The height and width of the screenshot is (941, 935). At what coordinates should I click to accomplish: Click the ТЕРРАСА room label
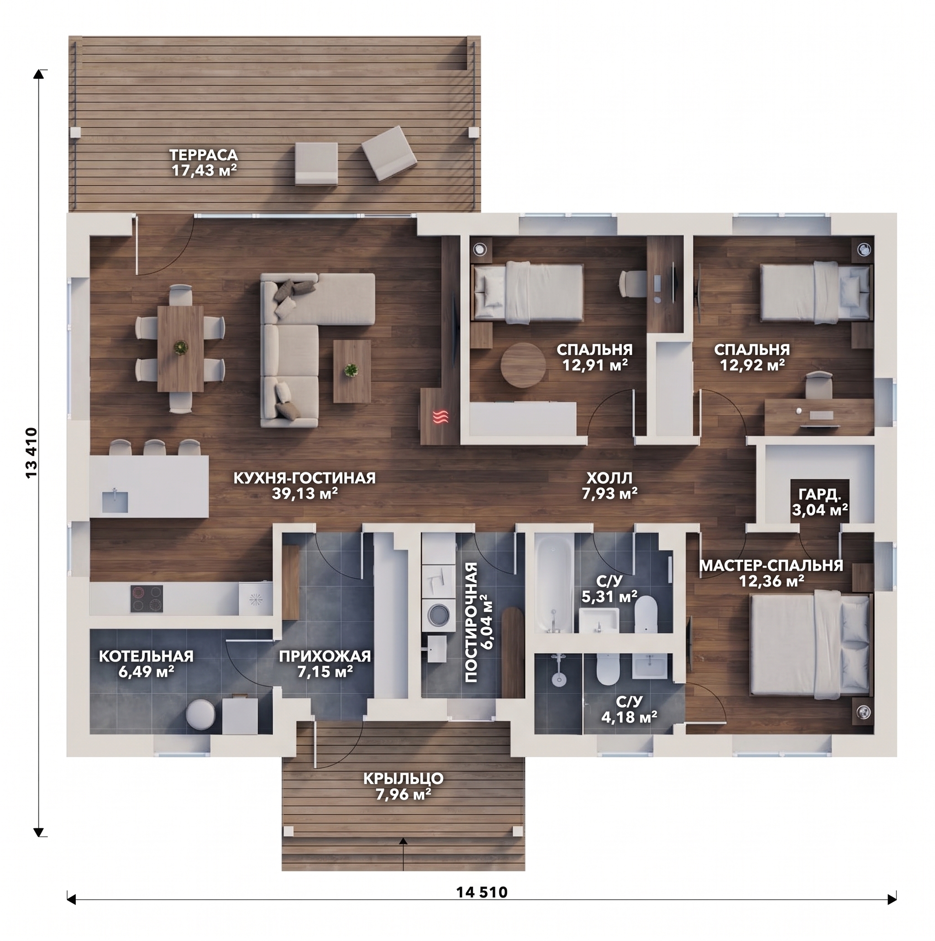pyautogui.click(x=204, y=155)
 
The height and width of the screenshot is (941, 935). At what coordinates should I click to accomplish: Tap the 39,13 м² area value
pyautogui.click(x=305, y=493)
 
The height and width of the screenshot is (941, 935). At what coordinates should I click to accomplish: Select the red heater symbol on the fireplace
pyautogui.click(x=441, y=417)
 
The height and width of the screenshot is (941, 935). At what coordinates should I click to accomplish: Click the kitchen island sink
pyautogui.click(x=115, y=501)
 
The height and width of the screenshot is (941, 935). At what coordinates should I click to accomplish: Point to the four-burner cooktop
pyautogui.click(x=147, y=599)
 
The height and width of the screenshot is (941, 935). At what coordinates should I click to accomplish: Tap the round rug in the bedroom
pyautogui.click(x=523, y=365)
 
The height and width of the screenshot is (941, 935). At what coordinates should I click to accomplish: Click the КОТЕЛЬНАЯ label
pyautogui.click(x=146, y=656)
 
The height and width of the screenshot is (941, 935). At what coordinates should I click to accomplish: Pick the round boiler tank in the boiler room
pyautogui.click(x=200, y=715)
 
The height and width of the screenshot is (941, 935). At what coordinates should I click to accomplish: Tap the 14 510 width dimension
pyautogui.click(x=481, y=892)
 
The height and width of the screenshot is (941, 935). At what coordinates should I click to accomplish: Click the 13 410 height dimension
pyautogui.click(x=32, y=453)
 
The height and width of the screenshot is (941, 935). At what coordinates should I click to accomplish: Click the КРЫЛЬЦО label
pyautogui.click(x=404, y=779)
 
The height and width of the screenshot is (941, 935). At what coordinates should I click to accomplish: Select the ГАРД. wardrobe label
pyautogui.click(x=819, y=495)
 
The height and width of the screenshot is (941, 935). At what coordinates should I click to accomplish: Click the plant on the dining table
pyautogui.click(x=181, y=347)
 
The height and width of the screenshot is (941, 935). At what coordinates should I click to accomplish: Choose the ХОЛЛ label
pyautogui.click(x=609, y=478)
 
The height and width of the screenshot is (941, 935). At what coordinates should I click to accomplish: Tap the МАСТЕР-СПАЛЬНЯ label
pyautogui.click(x=771, y=565)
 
